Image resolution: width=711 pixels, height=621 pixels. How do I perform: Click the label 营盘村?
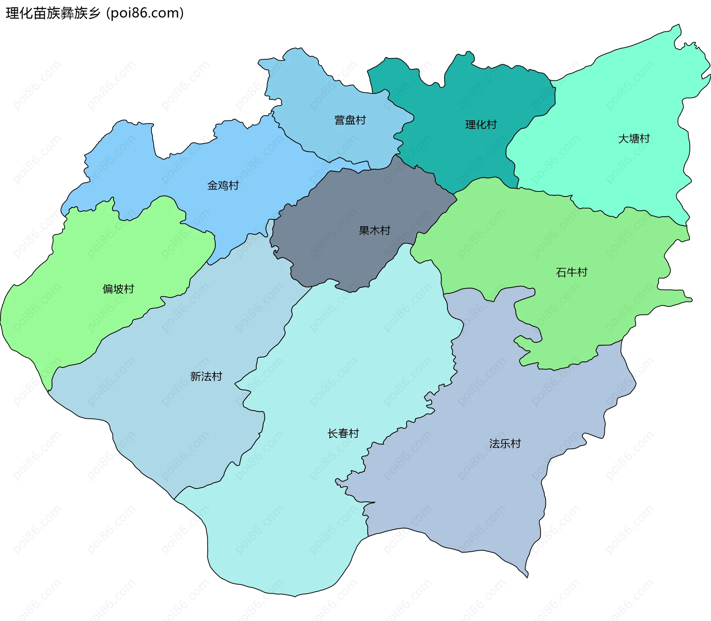pos(350,120)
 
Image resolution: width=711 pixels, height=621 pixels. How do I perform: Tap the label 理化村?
pos(481,125)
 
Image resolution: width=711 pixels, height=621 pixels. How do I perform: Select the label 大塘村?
pos(634,139)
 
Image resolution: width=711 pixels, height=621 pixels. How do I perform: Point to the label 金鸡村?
pos(223,186)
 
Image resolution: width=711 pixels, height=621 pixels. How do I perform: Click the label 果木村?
pos(374,231)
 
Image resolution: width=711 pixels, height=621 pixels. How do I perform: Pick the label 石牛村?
pos(571,273)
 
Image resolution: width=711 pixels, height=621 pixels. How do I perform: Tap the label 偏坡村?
pos(118,289)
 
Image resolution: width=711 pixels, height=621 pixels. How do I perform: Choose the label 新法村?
pos(206,377)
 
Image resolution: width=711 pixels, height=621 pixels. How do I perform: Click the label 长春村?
pos(343,434)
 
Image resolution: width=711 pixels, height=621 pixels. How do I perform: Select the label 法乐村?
pos(505,444)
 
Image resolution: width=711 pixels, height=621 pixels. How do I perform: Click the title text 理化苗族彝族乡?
pos(53,13)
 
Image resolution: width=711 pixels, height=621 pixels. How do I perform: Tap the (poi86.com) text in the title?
pos(145,13)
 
